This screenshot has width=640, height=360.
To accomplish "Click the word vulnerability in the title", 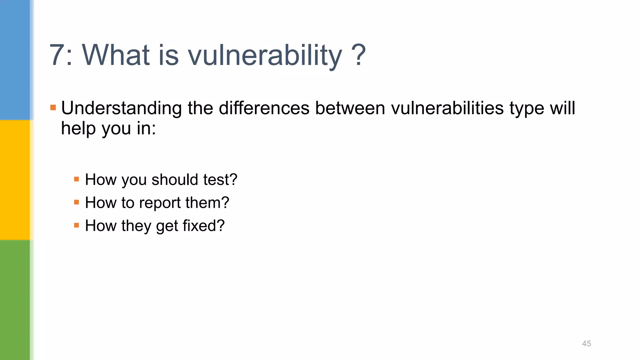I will coord(265,55).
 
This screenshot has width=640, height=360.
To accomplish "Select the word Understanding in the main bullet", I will coord(121,108).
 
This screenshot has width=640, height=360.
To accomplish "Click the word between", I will coord(350,108).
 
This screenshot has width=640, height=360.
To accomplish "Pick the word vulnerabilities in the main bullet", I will coord(447,108).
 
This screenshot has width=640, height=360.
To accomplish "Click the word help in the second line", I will coord(78,128).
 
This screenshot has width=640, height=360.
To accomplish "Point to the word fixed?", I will coord(203,226).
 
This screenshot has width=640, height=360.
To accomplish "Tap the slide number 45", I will coord(586,343).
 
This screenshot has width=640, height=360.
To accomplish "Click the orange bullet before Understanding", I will coord(53,108).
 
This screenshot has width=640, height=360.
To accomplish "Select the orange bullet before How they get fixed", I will coord(77,225).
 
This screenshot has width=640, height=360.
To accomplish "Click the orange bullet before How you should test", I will coord(77,179).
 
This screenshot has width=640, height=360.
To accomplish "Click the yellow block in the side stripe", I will coord(15,180).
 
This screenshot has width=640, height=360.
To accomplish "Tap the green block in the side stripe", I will coord(15,300).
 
